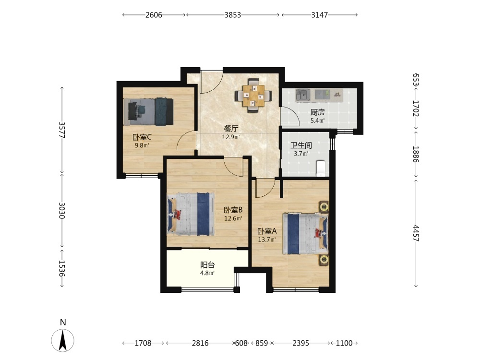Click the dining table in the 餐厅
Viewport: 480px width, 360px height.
coord(253,96)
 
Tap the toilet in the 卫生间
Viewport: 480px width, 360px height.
coord(320,168)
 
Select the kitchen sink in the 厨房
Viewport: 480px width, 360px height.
coord(303,95)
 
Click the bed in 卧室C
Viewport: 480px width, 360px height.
coord(148,112)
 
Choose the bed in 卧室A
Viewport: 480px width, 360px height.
coord(306,234)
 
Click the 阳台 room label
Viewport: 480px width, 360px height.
coord(207,265)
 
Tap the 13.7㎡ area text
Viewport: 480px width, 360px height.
coord(267,240)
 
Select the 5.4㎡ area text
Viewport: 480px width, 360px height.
coord(317,120)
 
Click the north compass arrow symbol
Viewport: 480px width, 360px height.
coord(63,340)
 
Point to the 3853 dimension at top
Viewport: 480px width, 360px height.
coord(233,15)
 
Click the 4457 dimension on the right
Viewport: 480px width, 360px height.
coord(416,233)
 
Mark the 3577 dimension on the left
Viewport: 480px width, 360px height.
coord(62,130)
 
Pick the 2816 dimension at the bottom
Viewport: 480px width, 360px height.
coord(200,343)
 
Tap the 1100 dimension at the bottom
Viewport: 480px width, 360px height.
coord(344,343)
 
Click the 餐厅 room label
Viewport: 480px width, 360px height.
coord(231,129)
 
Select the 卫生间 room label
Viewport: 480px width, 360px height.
coord(301,145)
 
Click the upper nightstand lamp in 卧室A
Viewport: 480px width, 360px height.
coord(324,207)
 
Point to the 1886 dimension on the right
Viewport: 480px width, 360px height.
coord(416,154)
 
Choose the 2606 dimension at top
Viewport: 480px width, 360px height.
coord(154,15)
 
